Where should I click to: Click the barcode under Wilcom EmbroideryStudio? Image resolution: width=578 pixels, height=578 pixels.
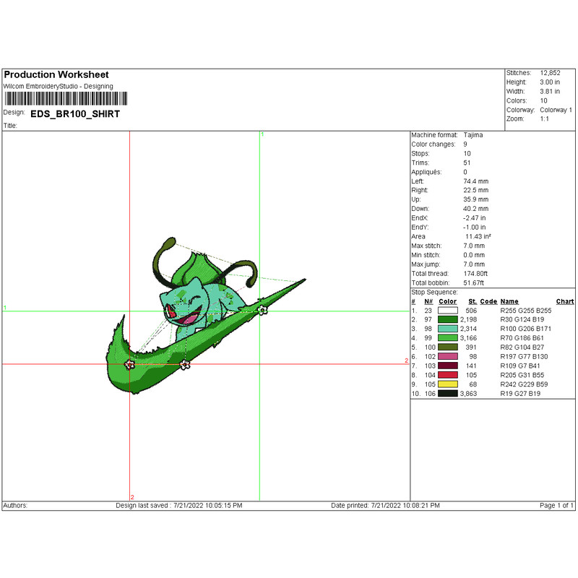click(x=66, y=99)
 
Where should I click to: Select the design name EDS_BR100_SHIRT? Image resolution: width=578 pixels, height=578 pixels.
click(x=75, y=114)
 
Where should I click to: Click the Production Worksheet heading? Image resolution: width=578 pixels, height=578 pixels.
click(x=56, y=75)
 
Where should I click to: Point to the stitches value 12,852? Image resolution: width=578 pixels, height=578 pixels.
click(x=550, y=73)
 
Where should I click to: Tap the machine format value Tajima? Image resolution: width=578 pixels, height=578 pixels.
click(x=473, y=135)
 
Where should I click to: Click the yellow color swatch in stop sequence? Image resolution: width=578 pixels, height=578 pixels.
click(x=448, y=384)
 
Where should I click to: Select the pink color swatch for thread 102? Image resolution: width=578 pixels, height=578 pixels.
click(x=448, y=356)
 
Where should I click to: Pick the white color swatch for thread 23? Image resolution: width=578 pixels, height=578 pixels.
click(x=448, y=311)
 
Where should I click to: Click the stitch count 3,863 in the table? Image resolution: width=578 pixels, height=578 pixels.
click(x=468, y=394)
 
